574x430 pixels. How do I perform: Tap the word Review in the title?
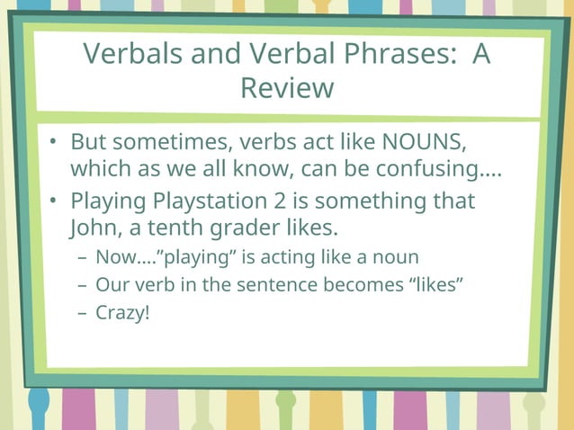click(287, 88)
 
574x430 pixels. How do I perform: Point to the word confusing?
click(441, 169)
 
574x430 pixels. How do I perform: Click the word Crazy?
click(122, 315)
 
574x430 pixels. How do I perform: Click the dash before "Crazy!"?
click(82, 315)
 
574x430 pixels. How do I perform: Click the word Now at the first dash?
click(114, 257)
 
